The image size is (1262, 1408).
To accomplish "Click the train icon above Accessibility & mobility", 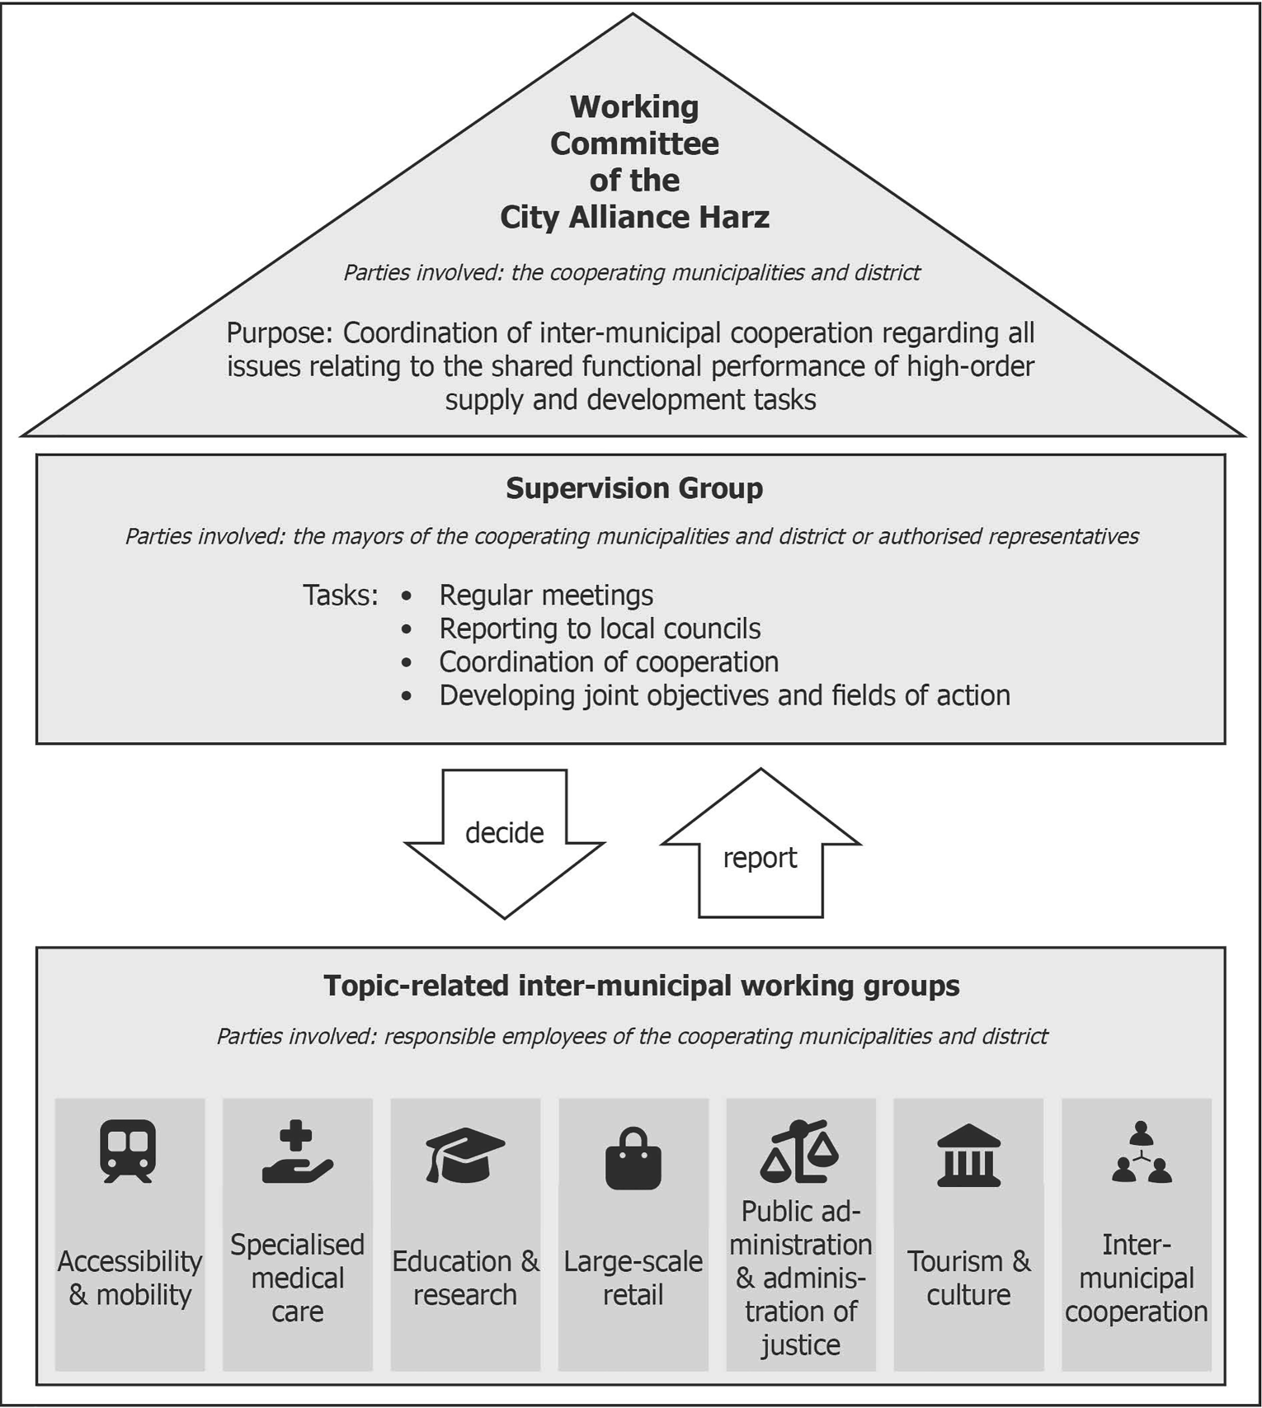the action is point(128,1151).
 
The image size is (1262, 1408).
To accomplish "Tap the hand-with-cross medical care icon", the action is point(297,1152).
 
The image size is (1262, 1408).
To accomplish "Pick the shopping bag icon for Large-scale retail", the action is point(633,1158).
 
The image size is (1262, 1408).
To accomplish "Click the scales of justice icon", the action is point(799,1151).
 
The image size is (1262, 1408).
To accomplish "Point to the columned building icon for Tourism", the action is point(968,1156).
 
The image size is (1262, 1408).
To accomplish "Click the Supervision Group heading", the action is point(634,487).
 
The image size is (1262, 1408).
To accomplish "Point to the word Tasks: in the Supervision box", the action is point(340,595).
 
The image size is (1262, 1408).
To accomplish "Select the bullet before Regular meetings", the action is point(406,596).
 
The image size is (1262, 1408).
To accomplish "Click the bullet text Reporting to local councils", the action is point(600,629).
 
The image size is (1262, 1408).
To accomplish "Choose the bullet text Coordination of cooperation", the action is point(609,662).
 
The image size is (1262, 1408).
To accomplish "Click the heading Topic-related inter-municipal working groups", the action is point(641,986).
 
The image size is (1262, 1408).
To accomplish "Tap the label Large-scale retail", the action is point(633,1278).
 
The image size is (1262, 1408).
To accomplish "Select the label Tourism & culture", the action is point(968,1278).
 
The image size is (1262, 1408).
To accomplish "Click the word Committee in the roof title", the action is point(634,144).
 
